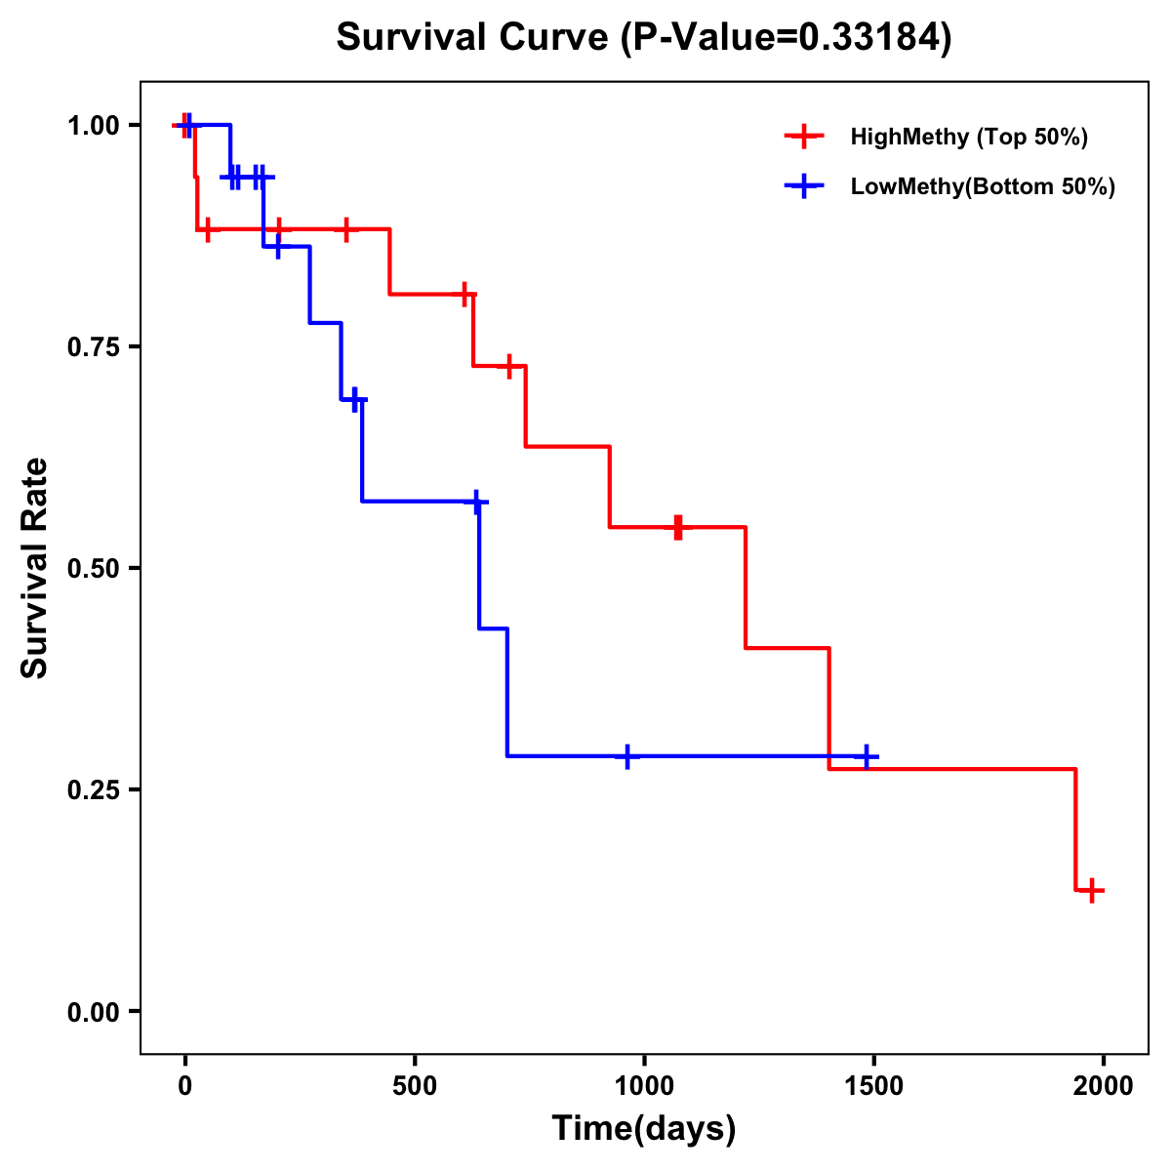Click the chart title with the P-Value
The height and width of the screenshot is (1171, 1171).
(644, 37)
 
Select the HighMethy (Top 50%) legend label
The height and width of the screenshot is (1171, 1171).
(968, 137)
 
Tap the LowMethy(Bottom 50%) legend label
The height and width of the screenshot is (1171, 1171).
(983, 186)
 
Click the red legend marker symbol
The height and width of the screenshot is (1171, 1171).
(803, 137)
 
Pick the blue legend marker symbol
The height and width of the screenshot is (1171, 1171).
(803, 186)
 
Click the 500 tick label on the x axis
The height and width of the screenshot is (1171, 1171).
(415, 1086)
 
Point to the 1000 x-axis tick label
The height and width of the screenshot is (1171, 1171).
(644, 1086)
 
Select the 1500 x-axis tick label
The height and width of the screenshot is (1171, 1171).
(873, 1086)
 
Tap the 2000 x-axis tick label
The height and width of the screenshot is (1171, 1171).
(1104, 1086)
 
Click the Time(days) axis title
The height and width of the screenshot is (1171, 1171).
(644, 1129)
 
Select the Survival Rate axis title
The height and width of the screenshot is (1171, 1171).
(35, 568)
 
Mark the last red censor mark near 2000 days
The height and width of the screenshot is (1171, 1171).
(1092, 890)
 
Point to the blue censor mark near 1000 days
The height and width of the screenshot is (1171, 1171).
(627, 756)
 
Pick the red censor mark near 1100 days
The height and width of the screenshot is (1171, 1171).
(678, 527)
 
